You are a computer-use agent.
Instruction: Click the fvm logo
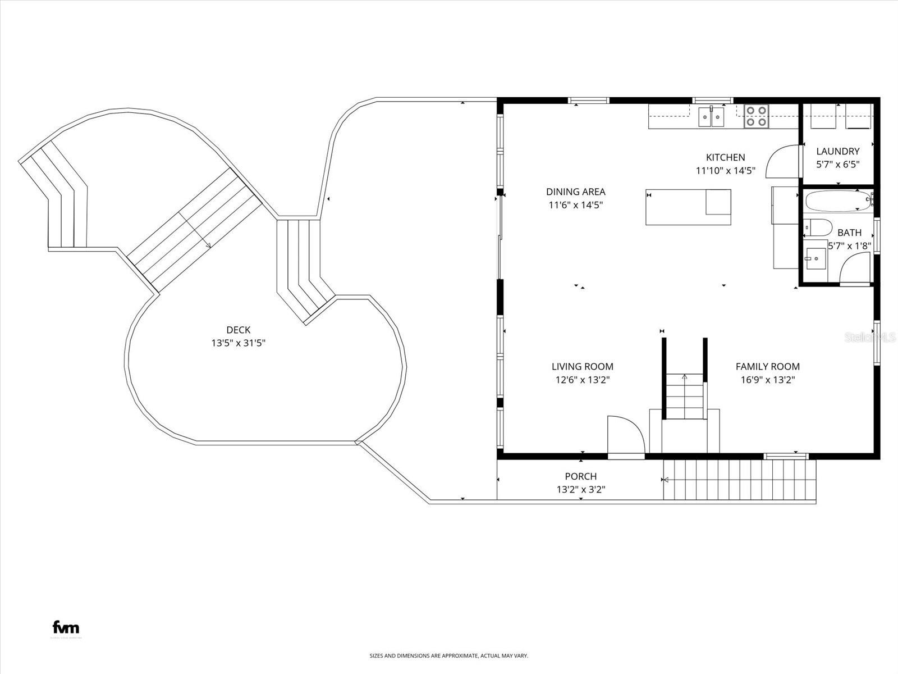click(66, 627)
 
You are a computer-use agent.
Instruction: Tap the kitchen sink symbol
click(711, 117)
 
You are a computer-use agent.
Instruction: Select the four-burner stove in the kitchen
click(756, 116)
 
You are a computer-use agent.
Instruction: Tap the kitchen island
click(688, 207)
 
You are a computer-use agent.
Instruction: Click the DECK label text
click(238, 330)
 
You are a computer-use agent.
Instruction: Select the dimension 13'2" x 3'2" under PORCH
click(581, 490)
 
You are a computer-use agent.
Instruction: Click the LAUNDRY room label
click(837, 151)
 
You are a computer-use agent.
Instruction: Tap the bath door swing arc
click(855, 268)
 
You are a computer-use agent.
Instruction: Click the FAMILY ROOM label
click(767, 367)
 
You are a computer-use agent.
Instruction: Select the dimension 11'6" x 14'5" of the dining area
click(575, 206)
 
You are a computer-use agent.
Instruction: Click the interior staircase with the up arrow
click(684, 396)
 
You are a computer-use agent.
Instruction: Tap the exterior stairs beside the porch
click(738, 479)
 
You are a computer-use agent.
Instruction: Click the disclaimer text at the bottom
click(448, 655)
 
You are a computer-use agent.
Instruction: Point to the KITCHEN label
click(725, 157)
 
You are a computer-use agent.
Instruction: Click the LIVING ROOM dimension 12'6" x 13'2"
click(582, 380)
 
